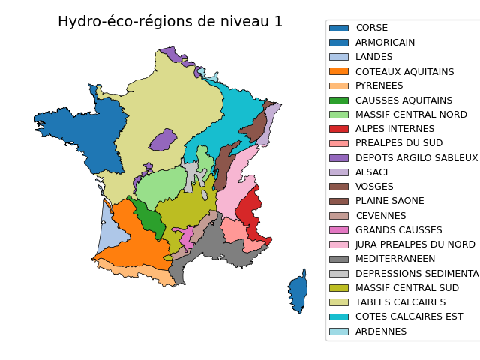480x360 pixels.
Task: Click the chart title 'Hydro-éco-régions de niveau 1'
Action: click(170, 21)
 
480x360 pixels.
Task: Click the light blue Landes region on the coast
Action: click(109, 232)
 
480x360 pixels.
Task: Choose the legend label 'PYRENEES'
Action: click(379, 85)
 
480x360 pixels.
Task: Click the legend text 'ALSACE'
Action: click(373, 172)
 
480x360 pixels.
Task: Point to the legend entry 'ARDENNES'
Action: click(381, 331)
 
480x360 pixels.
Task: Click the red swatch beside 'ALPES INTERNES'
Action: click(339, 129)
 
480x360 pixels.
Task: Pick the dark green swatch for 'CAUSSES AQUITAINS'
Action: click(339, 100)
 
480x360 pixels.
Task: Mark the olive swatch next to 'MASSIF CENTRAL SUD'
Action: click(339, 288)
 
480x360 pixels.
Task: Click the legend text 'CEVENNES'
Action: click(380, 216)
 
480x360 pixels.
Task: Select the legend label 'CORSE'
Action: click(371, 28)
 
